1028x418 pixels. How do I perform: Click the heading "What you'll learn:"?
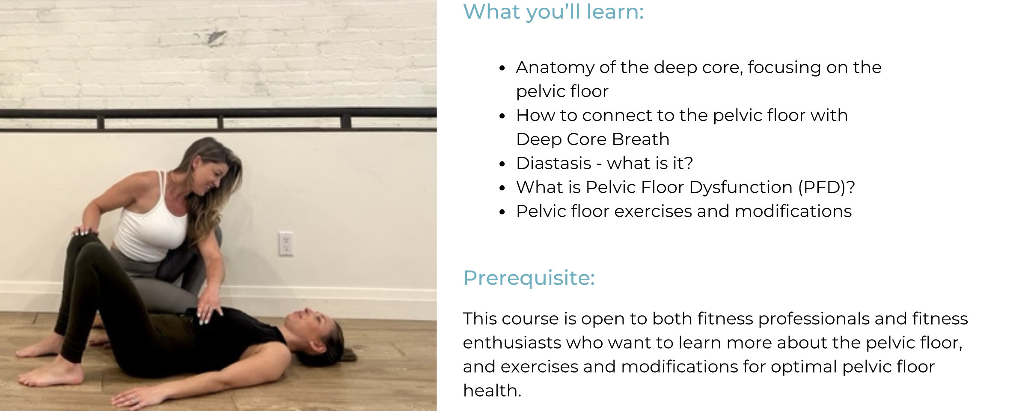click(553, 12)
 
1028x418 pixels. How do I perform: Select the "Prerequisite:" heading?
click(529, 278)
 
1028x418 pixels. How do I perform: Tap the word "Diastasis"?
click(554, 163)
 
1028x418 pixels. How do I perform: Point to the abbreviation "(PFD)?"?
click(826, 188)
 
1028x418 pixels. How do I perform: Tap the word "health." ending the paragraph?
click(492, 391)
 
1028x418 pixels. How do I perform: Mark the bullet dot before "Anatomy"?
click(502, 68)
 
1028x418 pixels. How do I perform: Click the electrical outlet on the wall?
click(286, 244)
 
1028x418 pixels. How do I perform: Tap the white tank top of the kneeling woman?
click(152, 227)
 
